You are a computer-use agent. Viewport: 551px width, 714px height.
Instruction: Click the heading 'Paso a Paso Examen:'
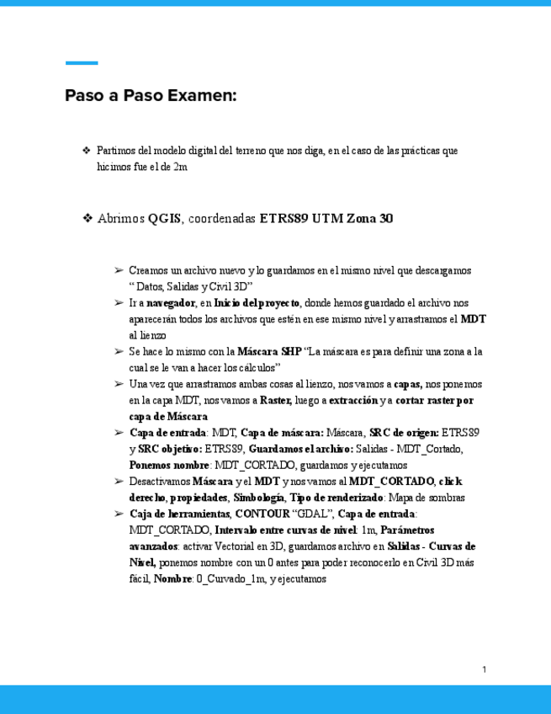pos(151,95)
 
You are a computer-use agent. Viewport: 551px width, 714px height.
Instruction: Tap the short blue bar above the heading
pos(82,63)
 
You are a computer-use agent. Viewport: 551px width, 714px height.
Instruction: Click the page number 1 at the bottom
pos(485,669)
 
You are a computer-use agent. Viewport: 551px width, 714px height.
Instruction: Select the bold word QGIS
pos(165,219)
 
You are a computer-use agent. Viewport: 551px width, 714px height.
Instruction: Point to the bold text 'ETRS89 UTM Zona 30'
pos(326,219)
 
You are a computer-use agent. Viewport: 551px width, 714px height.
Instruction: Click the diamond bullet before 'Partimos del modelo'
pos(86,151)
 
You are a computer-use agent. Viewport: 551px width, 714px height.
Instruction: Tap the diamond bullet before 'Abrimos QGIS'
pos(87,219)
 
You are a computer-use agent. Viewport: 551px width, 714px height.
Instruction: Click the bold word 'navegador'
pos(171,302)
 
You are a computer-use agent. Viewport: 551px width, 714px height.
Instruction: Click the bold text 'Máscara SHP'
pos(268,351)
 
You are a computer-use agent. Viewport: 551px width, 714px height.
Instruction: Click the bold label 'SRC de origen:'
pos(403,432)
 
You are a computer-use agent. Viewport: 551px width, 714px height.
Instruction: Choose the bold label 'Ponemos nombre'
pos(169,464)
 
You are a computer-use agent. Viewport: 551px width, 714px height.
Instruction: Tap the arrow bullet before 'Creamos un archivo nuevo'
pos(119,271)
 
